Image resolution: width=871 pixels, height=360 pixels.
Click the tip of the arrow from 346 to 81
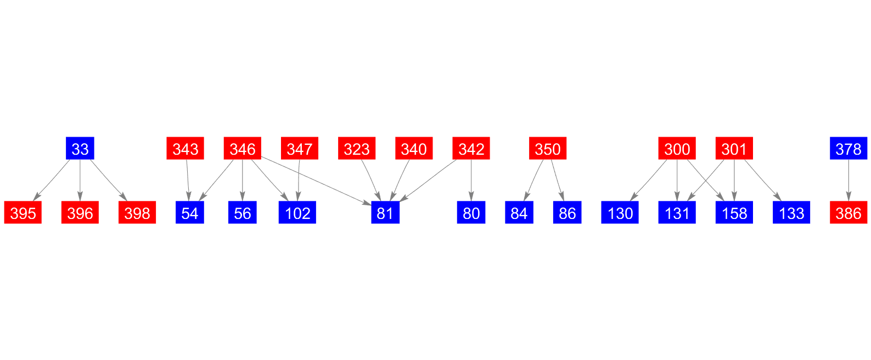[x=372, y=205]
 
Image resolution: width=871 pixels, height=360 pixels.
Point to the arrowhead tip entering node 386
[x=848, y=201]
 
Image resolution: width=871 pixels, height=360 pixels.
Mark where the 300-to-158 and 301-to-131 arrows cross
[x=706, y=181]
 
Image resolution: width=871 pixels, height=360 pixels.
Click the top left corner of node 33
[x=66, y=137]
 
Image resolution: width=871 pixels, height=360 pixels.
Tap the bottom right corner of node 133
[x=810, y=223]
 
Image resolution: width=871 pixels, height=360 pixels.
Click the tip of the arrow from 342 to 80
[x=471, y=201]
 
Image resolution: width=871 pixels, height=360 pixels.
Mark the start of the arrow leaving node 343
[x=187, y=159]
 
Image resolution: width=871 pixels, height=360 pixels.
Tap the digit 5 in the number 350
[x=548, y=149]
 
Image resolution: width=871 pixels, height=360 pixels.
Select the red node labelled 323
[x=357, y=148]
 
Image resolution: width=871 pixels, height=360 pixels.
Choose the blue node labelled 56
[x=242, y=212]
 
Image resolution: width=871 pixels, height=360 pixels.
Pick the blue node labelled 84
[x=519, y=212]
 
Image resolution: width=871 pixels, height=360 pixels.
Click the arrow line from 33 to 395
[x=52, y=180]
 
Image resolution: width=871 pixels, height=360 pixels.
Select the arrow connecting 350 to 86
[x=558, y=180]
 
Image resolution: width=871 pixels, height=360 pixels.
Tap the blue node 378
[x=848, y=148]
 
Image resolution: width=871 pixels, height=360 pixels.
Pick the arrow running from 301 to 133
[x=763, y=180]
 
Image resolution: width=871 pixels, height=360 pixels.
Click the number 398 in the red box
[x=137, y=213]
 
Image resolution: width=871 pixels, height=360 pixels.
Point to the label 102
[x=297, y=213]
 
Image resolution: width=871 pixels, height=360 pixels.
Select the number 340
[x=414, y=149]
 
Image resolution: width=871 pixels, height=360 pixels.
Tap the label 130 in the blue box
[x=620, y=213]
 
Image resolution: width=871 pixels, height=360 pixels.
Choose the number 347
[x=300, y=149]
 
